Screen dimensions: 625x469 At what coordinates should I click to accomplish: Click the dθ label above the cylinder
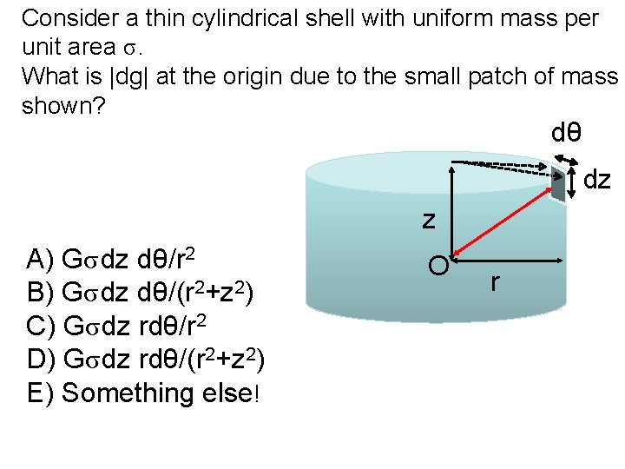[x=566, y=134]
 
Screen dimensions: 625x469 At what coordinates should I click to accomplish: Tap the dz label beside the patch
[x=597, y=181]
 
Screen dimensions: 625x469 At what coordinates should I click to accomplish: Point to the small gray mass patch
[x=558, y=183]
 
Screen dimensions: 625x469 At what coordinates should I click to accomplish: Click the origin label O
[x=438, y=264]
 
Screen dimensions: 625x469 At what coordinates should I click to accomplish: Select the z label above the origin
[x=429, y=220]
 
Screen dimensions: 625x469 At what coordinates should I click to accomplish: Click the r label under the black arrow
[x=495, y=281]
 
